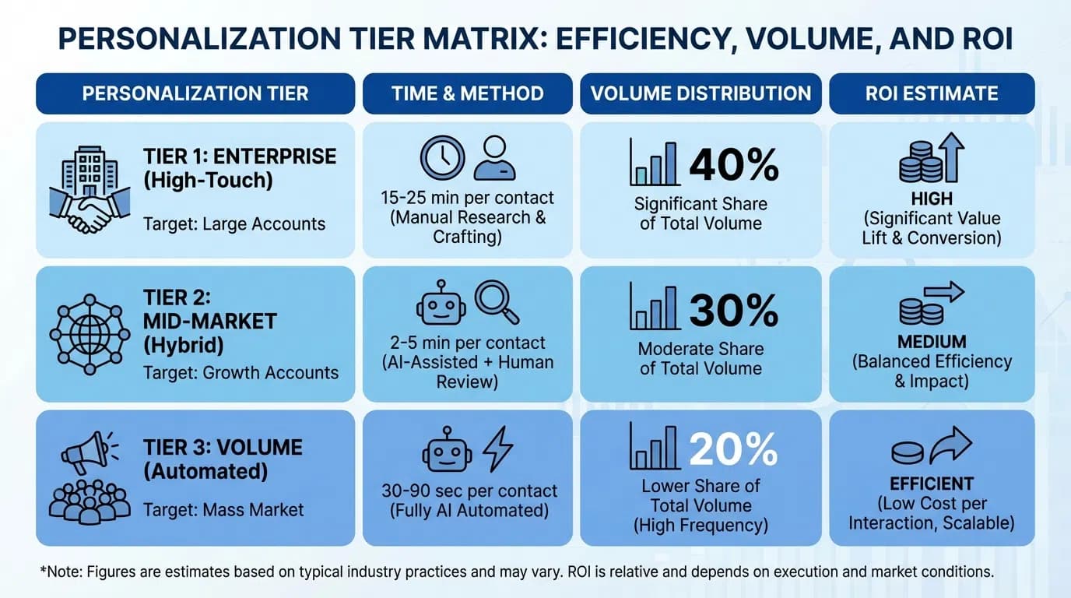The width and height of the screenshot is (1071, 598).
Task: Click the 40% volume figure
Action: [x=733, y=164]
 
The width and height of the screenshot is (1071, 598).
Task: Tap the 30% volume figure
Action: [x=733, y=310]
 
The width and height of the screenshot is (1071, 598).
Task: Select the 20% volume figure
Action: [x=733, y=448]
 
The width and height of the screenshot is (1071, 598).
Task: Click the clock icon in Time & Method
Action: [x=442, y=157]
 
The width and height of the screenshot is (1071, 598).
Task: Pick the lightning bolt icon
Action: [x=498, y=449]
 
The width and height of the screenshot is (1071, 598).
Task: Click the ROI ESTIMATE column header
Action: [x=932, y=94]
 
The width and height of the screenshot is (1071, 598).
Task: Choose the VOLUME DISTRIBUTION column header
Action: [x=701, y=94]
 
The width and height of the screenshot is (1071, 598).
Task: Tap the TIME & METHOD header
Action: [x=467, y=94]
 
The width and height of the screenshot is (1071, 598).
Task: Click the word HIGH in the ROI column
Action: [x=932, y=198]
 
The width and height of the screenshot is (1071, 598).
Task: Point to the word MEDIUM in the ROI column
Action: [x=932, y=342]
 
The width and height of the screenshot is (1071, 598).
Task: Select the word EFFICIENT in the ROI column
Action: [x=932, y=484]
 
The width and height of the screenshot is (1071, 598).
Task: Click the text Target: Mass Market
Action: [x=223, y=511]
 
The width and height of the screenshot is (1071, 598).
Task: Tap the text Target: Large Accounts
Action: [x=234, y=224]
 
